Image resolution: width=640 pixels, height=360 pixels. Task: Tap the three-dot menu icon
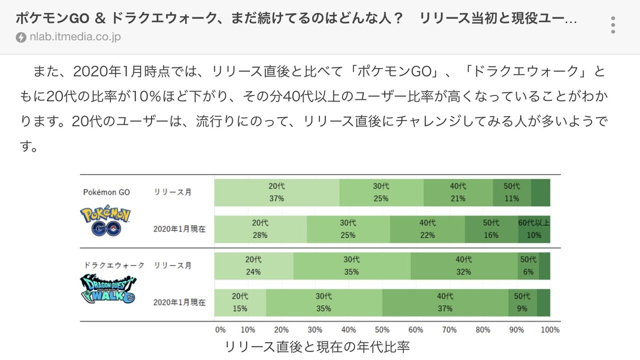[x=613, y=24]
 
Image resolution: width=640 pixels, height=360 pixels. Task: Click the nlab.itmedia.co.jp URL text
[x=75, y=37]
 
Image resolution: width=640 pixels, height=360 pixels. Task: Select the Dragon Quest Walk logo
[x=107, y=290]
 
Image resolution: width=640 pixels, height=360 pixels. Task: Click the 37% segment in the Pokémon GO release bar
[x=276, y=192]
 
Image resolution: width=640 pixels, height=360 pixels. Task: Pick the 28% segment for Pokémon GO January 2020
[x=260, y=229]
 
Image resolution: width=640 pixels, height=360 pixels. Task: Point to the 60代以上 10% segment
[x=533, y=229]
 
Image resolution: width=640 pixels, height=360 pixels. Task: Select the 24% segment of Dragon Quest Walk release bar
[x=253, y=266]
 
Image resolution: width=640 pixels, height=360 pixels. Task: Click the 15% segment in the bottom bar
[x=240, y=302]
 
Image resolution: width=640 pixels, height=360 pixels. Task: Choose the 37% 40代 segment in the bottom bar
[x=445, y=302]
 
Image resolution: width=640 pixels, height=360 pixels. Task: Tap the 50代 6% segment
[x=528, y=266]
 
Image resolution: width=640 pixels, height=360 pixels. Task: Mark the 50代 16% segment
[x=491, y=229]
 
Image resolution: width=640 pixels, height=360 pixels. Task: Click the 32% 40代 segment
[x=463, y=266]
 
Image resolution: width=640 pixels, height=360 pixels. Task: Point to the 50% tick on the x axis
[x=382, y=329]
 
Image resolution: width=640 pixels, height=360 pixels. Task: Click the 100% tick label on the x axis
[x=550, y=329]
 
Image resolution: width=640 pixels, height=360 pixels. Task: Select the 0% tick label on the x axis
[x=220, y=329]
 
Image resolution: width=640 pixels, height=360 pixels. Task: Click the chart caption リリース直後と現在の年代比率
[x=317, y=346]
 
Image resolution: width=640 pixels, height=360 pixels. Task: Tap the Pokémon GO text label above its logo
[x=106, y=192]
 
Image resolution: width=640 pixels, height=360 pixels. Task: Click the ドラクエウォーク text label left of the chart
[x=114, y=265]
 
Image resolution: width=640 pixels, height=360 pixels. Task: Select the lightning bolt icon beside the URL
[x=21, y=37]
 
